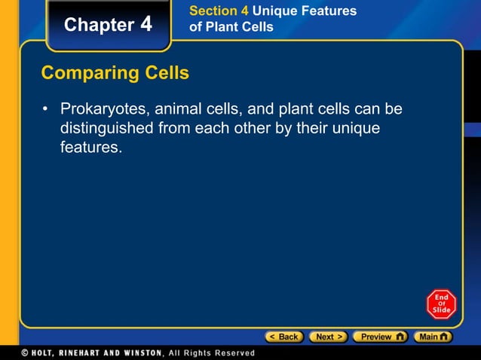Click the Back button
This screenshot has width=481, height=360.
tap(284, 337)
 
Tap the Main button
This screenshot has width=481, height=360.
tap(434, 337)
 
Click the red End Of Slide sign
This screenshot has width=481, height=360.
tap(441, 304)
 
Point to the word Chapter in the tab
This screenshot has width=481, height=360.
tap(99, 25)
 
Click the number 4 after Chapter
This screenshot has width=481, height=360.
tap(146, 24)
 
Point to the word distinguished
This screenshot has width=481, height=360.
tap(106, 129)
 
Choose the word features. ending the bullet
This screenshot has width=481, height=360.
tap(90, 148)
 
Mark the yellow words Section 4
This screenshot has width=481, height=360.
tap(219, 11)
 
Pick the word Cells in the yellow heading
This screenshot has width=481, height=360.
tap(164, 74)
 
